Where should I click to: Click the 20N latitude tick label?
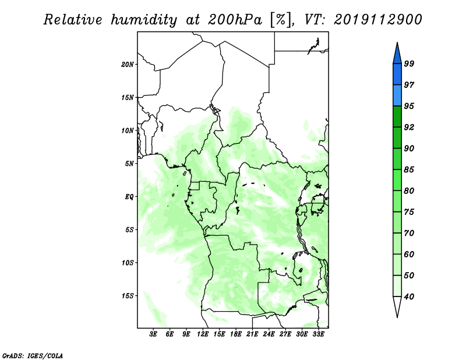click(127, 65)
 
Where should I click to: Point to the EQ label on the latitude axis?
click(129, 197)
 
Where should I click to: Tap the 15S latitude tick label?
click(127, 296)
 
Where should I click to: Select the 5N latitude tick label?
click(129, 164)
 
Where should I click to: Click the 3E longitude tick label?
click(153, 334)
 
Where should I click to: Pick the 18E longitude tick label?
click(236, 334)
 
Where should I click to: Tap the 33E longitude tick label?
click(318, 334)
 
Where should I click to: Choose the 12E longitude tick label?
click(203, 334)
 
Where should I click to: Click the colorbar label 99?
click(409, 63)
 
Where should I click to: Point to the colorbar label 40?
click(409, 297)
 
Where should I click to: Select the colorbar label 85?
click(409, 170)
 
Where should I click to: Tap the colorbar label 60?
click(409, 254)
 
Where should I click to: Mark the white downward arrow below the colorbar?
click(397, 306)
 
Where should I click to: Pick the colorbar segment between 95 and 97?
click(397, 96)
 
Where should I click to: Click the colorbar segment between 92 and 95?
click(397, 117)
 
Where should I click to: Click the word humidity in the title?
click(144, 20)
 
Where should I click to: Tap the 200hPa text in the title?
click(235, 20)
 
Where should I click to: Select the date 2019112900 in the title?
click(377, 20)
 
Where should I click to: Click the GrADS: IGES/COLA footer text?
click(33, 355)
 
